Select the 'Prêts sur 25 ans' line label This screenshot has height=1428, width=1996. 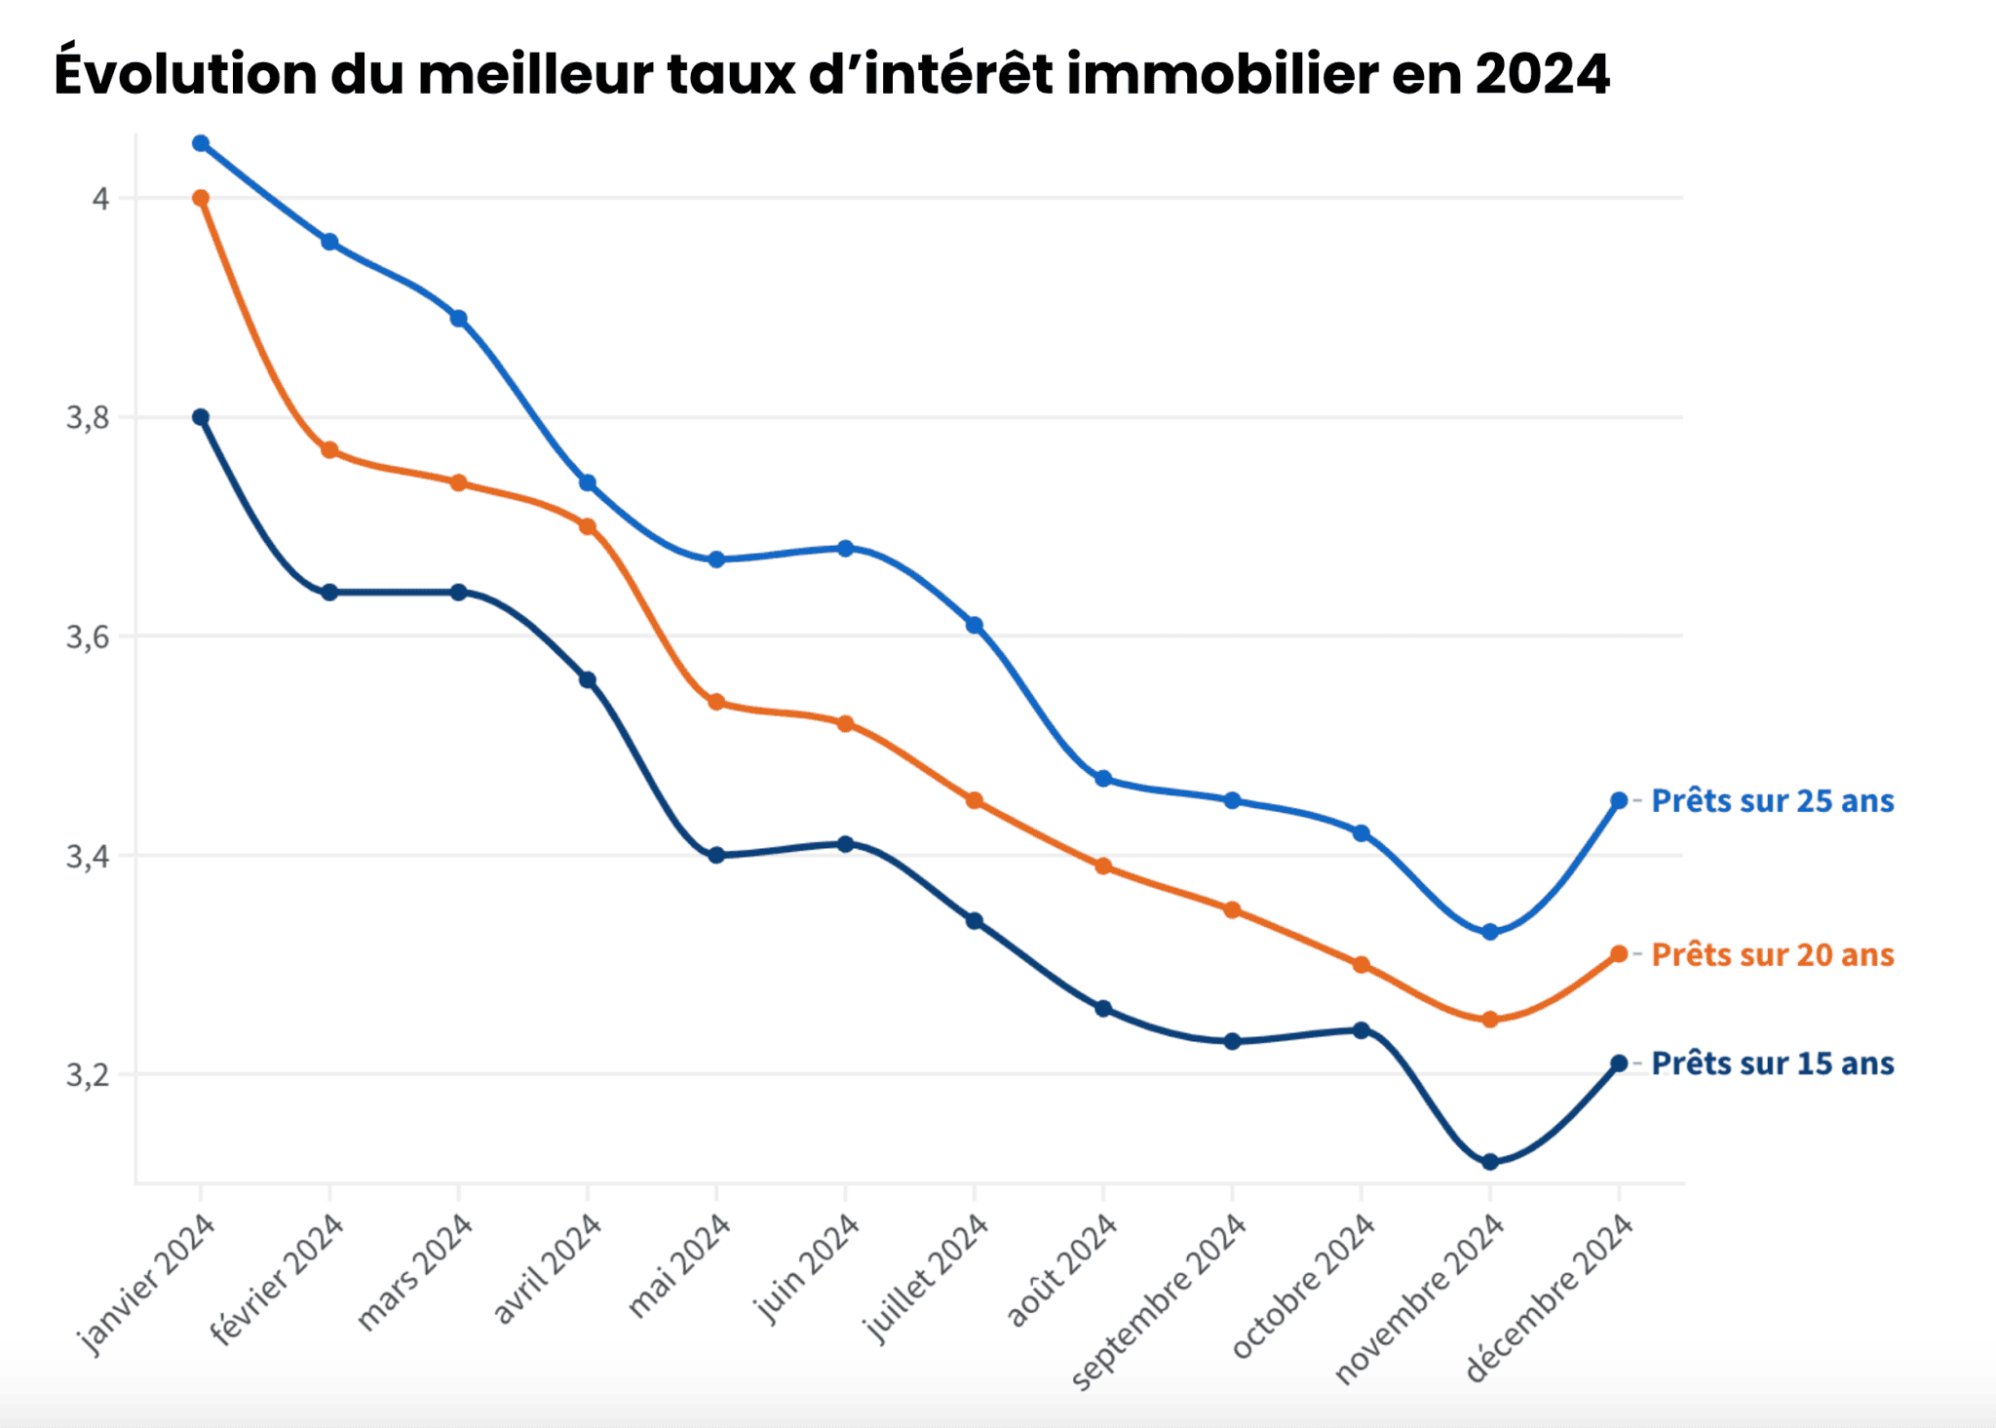[1772, 801]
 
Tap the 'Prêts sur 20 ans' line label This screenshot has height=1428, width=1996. [1772, 954]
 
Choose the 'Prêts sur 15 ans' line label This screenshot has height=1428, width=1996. [1772, 1063]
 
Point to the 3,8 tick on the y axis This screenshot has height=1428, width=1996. [87, 418]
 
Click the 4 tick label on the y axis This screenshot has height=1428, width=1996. [99, 199]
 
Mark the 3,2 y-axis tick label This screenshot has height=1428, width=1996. [87, 1075]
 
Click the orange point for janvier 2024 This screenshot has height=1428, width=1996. [201, 198]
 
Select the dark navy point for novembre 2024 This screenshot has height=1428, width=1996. [1489, 1162]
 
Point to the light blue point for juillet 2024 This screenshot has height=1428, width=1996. [974, 625]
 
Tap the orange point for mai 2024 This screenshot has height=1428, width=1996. [716, 702]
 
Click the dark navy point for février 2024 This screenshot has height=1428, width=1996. [329, 593]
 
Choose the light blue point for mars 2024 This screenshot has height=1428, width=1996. [459, 319]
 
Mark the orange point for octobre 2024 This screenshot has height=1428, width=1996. [1361, 965]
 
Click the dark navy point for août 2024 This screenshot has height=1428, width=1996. [1103, 1009]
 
